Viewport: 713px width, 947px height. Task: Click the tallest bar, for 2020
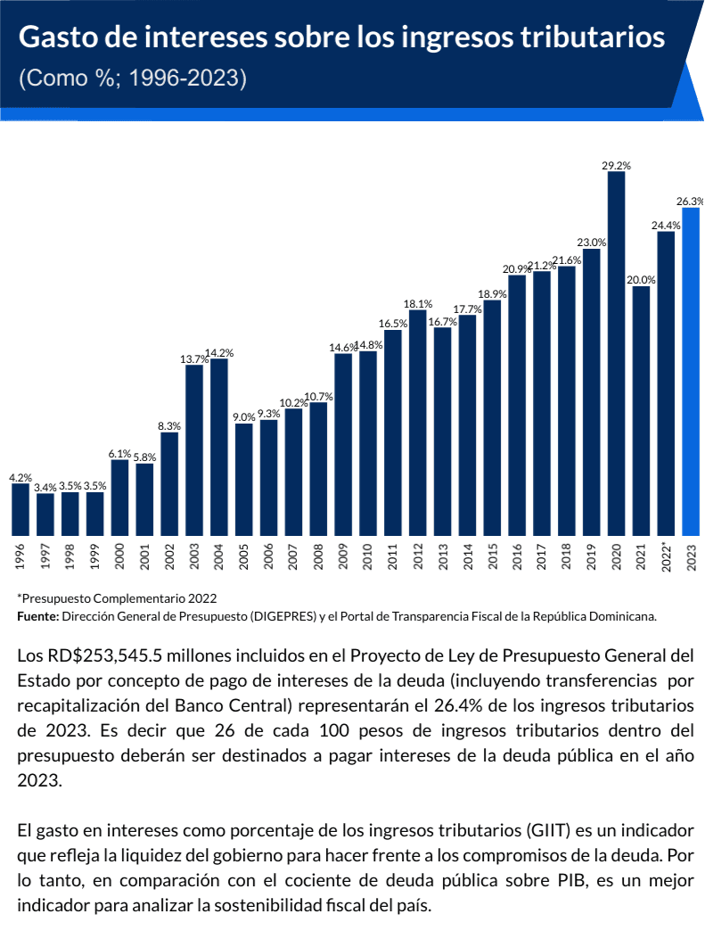[x=616, y=352]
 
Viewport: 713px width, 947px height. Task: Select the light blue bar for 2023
[x=691, y=370]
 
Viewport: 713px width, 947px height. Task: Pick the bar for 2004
[x=219, y=446]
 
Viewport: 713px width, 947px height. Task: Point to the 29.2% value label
[x=616, y=166]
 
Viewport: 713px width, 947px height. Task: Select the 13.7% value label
[x=193, y=359]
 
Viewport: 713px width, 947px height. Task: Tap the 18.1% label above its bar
[x=418, y=303]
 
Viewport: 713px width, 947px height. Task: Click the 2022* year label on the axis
[x=666, y=557]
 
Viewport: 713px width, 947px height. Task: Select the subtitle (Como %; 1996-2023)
[x=132, y=78]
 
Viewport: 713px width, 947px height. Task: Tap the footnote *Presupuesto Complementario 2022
[x=117, y=597]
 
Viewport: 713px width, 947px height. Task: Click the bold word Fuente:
[x=37, y=615]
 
